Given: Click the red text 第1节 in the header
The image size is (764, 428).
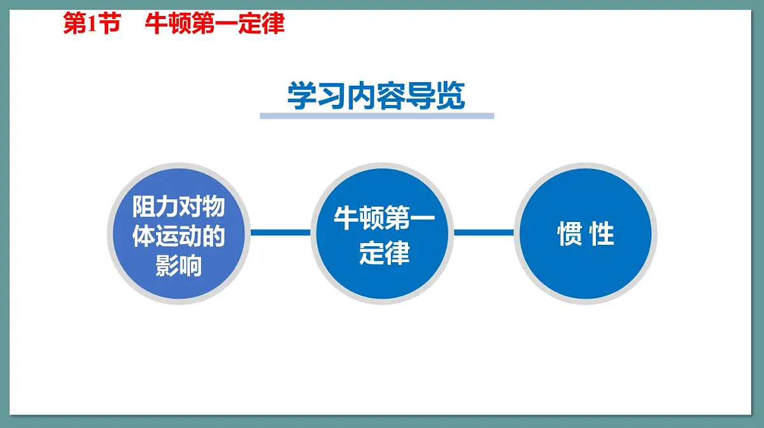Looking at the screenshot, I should [x=91, y=24].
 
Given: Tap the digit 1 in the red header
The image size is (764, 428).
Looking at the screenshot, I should [x=90, y=24].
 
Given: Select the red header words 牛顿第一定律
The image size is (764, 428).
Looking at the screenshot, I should [x=215, y=24].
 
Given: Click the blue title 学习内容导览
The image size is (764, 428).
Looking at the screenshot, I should [x=376, y=97].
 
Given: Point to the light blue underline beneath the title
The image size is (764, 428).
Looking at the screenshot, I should [x=376, y=116].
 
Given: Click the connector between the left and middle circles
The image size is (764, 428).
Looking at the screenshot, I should [x=280, y=233].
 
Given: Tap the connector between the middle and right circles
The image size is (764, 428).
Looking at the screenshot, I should [x=484, y=233].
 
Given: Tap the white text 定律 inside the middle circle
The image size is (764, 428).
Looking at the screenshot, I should [x=384, y=253].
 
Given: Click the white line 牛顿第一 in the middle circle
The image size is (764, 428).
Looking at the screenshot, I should [x=384, y=220].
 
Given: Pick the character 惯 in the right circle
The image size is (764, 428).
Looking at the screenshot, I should [x=569, y=235].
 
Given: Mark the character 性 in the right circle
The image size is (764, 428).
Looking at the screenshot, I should [x=602, y=235].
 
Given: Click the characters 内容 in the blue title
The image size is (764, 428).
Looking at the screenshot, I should [x=376, y=97].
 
